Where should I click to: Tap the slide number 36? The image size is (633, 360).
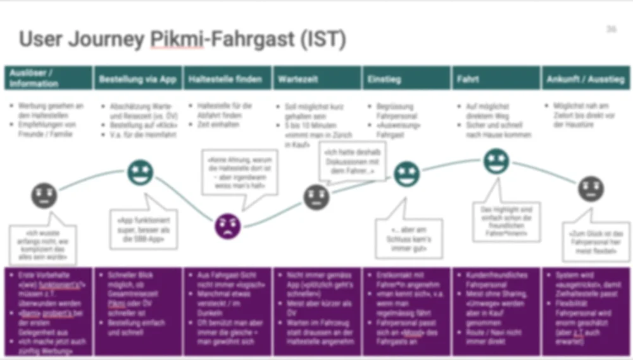611,30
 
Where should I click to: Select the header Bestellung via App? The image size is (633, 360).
137,80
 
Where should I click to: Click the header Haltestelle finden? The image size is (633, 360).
225,80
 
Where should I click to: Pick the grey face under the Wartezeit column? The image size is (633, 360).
316,197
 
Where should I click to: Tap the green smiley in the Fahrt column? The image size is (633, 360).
496,161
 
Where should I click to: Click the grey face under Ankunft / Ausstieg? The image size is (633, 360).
591,189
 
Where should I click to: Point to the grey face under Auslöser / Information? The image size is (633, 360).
44,195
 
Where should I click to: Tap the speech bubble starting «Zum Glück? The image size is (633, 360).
595,241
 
